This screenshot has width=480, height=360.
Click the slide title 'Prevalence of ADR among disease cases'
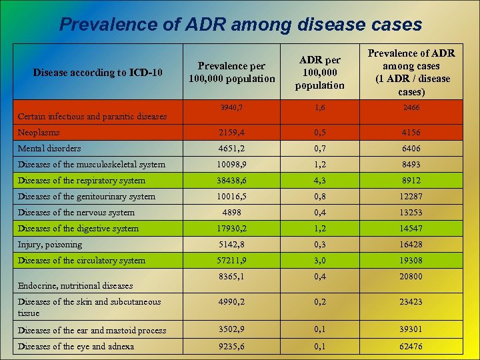pyautogui.click(x=240, y=25)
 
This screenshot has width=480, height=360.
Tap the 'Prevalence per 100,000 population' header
pyautogui.click(x=231, y=72)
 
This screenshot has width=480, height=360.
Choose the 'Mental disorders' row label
pyautogui.click(x=49, y=149)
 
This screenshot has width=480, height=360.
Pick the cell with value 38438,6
pyautogui.click(x=231, y=181)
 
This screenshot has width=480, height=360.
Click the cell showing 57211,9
pyautogui.click(x=231, y=261)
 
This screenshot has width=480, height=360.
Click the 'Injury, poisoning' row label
pyautogui.click(x=51, y=245)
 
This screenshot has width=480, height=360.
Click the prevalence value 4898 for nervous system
pyautogui.click(x=231, y=213)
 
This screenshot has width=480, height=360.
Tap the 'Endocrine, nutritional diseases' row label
pyautogui.click(x=75, y=286)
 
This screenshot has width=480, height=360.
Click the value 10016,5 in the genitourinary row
pyautogui.click(x=231, y=197)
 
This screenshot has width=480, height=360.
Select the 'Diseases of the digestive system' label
pyautogui.click(x=79, y=229)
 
